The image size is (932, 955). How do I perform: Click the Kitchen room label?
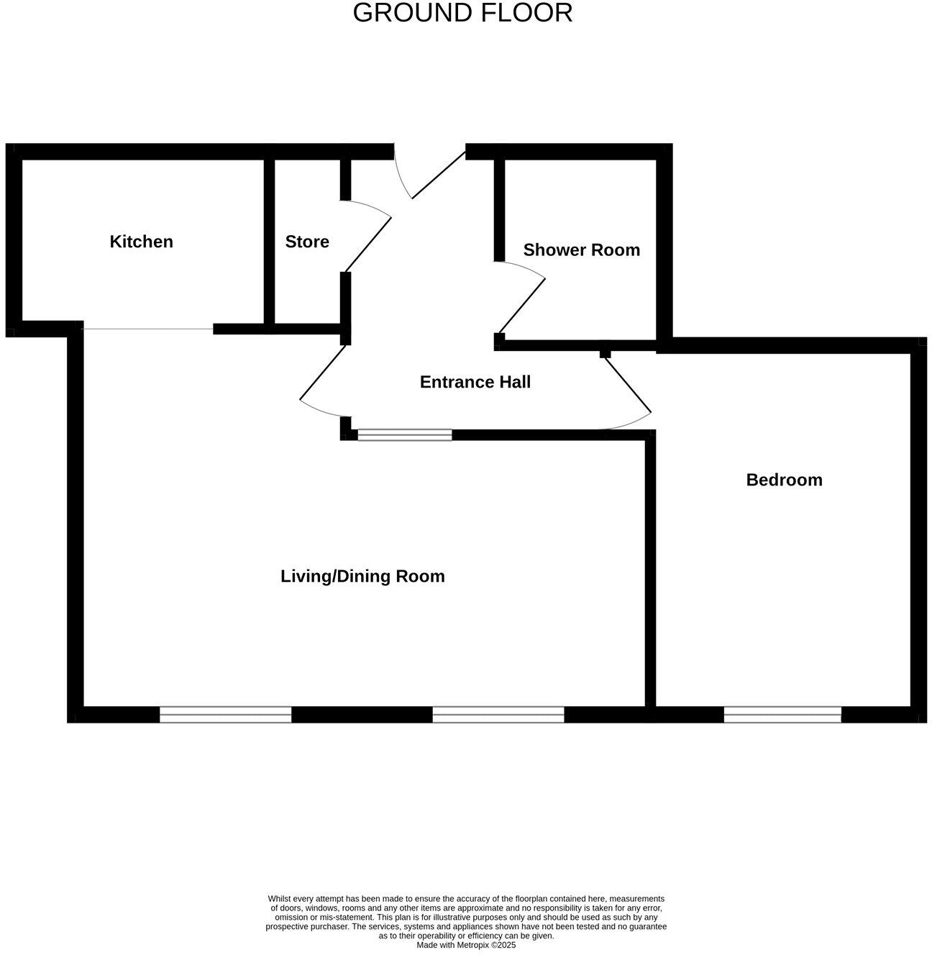(141, 242)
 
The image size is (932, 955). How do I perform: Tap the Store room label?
(307, 242)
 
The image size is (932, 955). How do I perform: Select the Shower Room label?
(581, 250)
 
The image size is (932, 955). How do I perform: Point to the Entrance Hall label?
(475, 382)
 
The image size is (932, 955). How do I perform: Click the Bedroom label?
(784, 480)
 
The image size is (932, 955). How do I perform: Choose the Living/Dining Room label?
(362, 576)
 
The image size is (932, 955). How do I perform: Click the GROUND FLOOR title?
(462, 13)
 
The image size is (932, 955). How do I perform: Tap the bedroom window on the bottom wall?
(782, 714)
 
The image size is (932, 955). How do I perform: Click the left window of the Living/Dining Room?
(225, 714)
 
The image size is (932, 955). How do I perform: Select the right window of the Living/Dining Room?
(498, 714)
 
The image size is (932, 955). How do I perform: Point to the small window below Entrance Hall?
(405, 434)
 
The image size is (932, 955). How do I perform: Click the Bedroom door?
(628, 385)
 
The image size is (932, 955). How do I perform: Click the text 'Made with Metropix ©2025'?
(466, 945)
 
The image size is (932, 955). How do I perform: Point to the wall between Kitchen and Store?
(269, 242)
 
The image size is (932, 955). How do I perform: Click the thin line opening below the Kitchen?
(147, 329)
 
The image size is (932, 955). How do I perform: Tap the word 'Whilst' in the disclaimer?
(280, 899)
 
